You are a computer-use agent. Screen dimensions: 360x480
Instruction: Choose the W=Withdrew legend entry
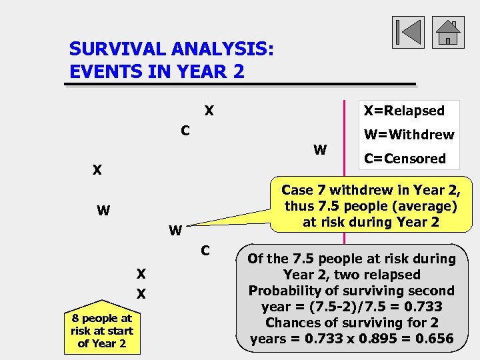(409, 135)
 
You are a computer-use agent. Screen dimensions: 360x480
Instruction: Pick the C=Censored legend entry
(405, 159)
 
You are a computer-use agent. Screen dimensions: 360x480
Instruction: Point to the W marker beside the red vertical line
(320, 150)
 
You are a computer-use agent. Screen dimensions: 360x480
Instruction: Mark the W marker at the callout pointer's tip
(175, 231)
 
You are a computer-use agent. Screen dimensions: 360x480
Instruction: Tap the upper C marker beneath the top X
(186, 131)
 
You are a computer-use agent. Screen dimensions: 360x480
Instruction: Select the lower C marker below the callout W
(206, 251)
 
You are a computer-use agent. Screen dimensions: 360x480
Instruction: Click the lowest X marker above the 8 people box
(141, 294)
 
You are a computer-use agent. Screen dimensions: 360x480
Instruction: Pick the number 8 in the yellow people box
(75, 319)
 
